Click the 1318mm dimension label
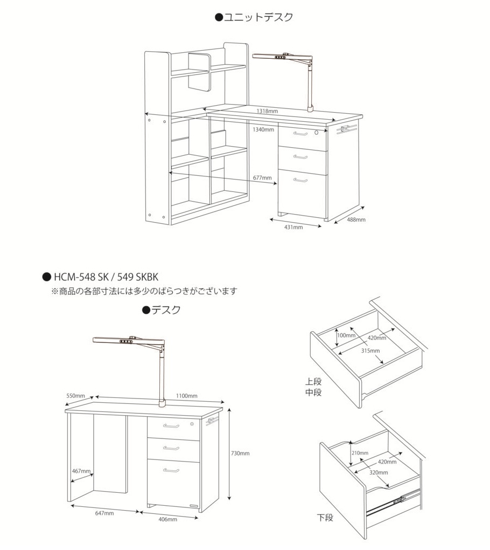[x=267, y=111]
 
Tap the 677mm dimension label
[x=262, y=177]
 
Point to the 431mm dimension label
[x=293, y=227]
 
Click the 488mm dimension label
[x=356, y=219]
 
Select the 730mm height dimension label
[x=240, y=453]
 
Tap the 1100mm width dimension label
[x=187, y=396]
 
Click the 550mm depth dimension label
[x=76, y=396]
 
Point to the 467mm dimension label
[x=81, y=471]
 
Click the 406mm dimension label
[x=169, y=519]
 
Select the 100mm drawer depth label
[x=346, y=335]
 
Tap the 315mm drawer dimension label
[x=370, y=351]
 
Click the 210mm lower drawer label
[x=360, y=453]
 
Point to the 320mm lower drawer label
[x=379, y=472]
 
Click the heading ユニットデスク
[x=254, y=17]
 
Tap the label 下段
[x=325, y=518]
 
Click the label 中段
[x=313, y=393]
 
